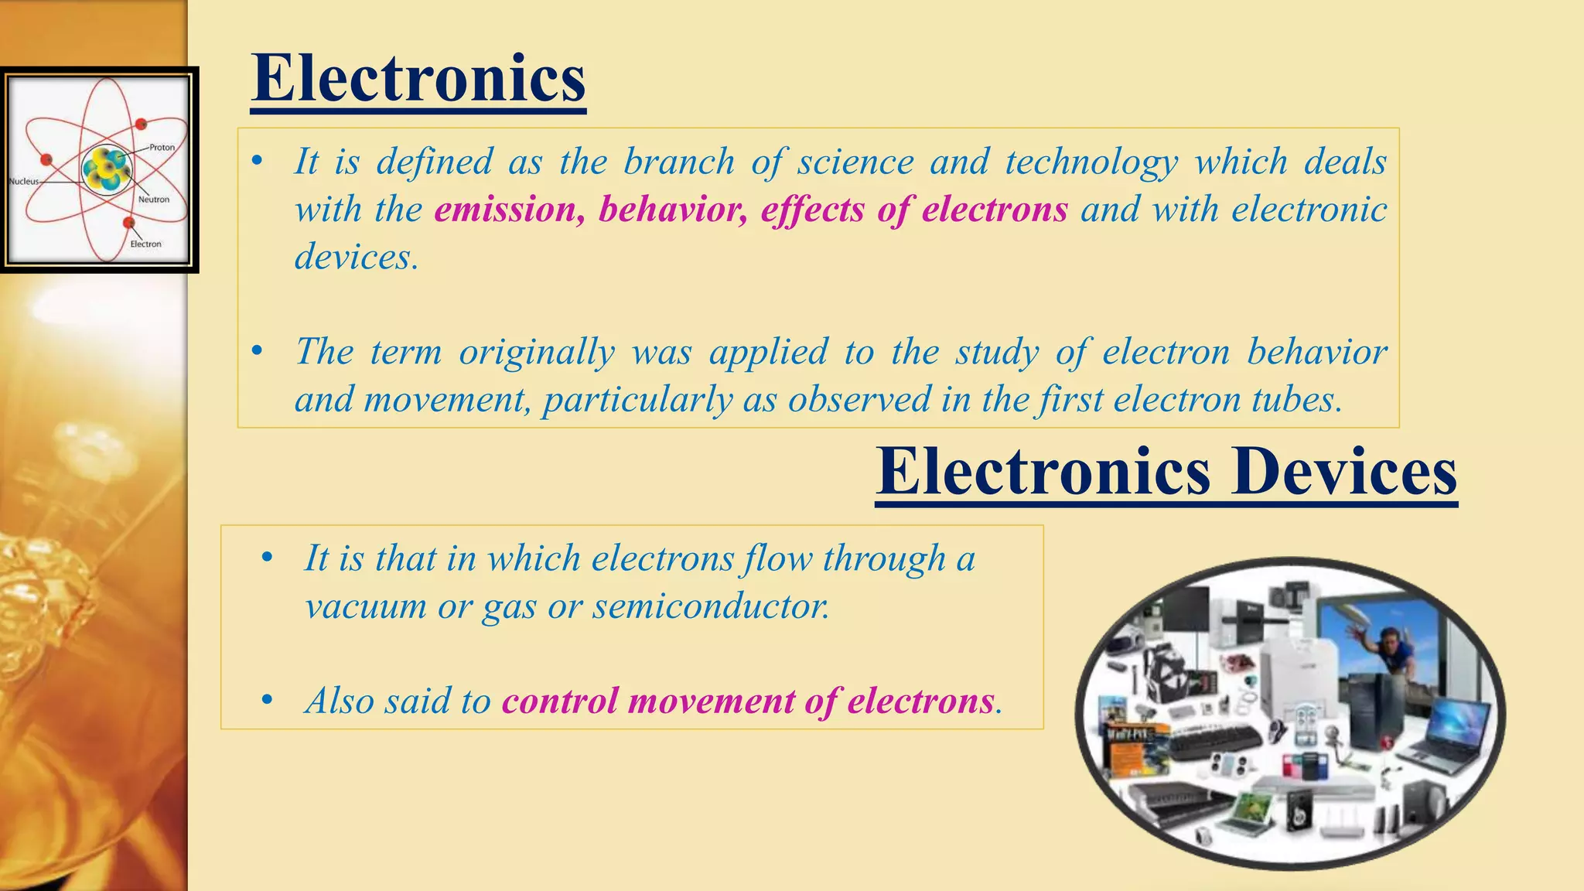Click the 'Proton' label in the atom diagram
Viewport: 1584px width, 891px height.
[162, 147]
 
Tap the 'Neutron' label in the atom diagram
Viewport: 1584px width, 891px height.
[153, 199]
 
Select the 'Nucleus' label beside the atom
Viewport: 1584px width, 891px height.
[23, 181]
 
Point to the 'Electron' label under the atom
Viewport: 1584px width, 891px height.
[145, 244]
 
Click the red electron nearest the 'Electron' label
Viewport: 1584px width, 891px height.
[128, 223]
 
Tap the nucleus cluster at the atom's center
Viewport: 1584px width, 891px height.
[107, 169]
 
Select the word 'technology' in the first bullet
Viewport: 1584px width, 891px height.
[1091, 162]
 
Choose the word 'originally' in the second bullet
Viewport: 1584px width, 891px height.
[537, 353]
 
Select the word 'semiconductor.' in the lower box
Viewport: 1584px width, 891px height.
[711, 606]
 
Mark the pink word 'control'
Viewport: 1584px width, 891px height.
[560, 702]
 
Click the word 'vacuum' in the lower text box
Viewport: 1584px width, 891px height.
[365, 606]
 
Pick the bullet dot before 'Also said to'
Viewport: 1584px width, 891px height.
[267, 701]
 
